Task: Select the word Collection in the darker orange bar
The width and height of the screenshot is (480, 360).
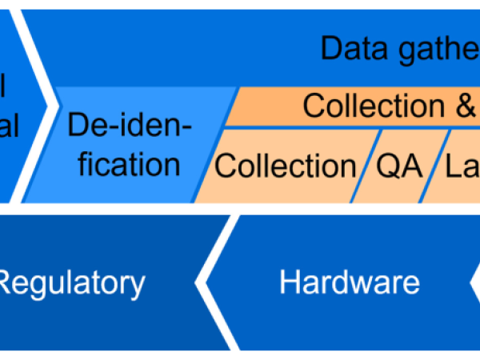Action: [x=375, y=106]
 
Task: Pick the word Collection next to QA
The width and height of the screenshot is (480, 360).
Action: [x=286, y=166]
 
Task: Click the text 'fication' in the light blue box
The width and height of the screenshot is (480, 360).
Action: [x=124, y=164]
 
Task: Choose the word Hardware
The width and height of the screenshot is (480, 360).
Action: [x=350, y=282]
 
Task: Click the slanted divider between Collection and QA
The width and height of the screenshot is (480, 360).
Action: [x=368, y=166]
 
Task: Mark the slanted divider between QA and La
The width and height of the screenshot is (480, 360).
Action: [x=431, y=166]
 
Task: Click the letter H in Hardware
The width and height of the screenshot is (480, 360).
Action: [x=289, y=282]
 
